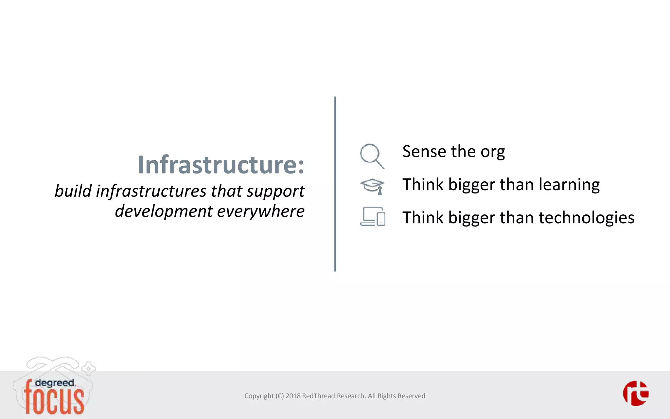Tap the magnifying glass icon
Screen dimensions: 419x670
tap(372, 156)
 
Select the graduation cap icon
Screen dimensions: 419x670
tap(372, 186)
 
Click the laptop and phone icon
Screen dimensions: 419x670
tap(373, 217)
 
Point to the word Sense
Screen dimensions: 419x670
tap(424, 152)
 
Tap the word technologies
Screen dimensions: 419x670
tap(586, 218)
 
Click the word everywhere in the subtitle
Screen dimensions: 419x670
tap(260, 211)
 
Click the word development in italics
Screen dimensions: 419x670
tap(164, 211)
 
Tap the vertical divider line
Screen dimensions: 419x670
tap(335, 184)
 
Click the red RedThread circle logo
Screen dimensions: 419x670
tap(636, 393)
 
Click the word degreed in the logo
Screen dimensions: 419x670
tap(55, 383)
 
